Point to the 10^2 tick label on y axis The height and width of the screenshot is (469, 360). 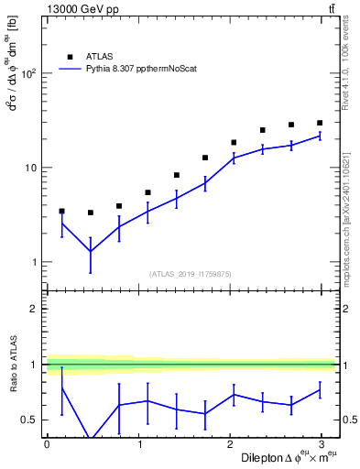(27, 73)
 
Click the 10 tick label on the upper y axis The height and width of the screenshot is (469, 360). (29, 168)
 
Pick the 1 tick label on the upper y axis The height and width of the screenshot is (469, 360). (33, 262)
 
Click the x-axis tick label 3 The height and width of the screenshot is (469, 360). (321, 443)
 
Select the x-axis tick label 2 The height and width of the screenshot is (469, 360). (229, 443)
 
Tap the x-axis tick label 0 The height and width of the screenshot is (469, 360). (47, 443)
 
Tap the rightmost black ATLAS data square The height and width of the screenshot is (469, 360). (320, 123)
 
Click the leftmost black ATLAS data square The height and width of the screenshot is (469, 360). (61, 211)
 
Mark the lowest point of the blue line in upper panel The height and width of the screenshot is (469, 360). (90, 251)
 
